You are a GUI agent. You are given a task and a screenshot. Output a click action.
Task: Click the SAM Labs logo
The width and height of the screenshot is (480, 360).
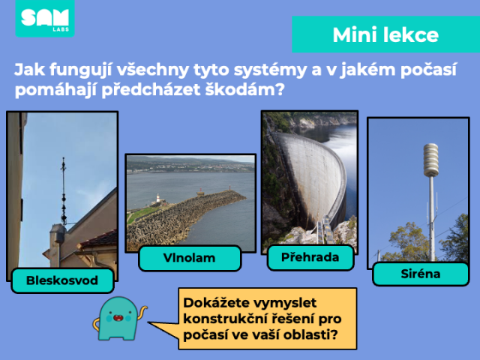click(45, 18)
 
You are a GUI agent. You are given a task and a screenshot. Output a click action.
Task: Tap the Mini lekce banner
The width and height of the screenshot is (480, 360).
click(385, 34)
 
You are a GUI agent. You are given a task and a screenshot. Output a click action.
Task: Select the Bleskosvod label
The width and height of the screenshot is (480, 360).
click(62, 280)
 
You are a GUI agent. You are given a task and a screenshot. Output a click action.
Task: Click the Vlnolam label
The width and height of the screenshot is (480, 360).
click(190, 258)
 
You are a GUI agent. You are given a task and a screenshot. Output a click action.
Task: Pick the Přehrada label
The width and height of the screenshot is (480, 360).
click(310, 257)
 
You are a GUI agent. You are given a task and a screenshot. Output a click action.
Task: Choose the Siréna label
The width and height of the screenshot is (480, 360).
click(421, 274)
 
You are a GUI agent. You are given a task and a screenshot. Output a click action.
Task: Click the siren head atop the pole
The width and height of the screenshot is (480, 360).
click(431, 160)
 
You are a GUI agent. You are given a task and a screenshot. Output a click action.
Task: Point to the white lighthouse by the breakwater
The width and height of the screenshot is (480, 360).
click(158, 199)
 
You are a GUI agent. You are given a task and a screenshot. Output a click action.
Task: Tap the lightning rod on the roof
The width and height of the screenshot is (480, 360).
click(64, 192)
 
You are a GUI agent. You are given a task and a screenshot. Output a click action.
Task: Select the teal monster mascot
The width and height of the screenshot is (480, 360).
click(118, 318)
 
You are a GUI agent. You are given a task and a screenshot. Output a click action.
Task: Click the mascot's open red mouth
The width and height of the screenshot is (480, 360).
click(118, 318)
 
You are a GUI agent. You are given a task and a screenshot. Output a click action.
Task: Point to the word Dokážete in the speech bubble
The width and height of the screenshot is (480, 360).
click(217, 303)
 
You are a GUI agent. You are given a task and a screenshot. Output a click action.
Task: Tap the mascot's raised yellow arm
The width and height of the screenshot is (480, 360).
click(142, 312)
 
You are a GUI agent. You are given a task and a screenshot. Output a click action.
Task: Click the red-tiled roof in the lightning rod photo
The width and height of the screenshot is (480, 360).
click(100, 238)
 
